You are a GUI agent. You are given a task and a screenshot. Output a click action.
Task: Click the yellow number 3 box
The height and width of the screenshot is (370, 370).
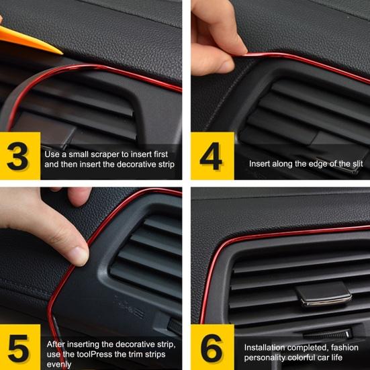point(20,156)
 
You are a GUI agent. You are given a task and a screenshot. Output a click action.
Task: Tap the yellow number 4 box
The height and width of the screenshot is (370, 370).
point(212,156)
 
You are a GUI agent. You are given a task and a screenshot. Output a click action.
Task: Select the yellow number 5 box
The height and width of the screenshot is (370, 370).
point(20,347)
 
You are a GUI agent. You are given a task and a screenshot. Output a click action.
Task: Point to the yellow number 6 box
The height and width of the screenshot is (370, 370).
point(212,347)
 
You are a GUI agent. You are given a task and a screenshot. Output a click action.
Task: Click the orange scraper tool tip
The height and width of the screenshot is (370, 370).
point(62,54)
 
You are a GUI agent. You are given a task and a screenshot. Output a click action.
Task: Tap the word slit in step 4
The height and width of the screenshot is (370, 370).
point(358,164)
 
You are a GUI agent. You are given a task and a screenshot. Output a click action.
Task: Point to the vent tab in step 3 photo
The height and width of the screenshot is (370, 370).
point(44,130)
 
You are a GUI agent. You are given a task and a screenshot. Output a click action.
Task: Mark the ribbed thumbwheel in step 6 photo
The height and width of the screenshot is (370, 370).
point(328,334)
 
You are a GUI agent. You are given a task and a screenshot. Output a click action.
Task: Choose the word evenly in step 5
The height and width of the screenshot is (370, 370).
point(59,365)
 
